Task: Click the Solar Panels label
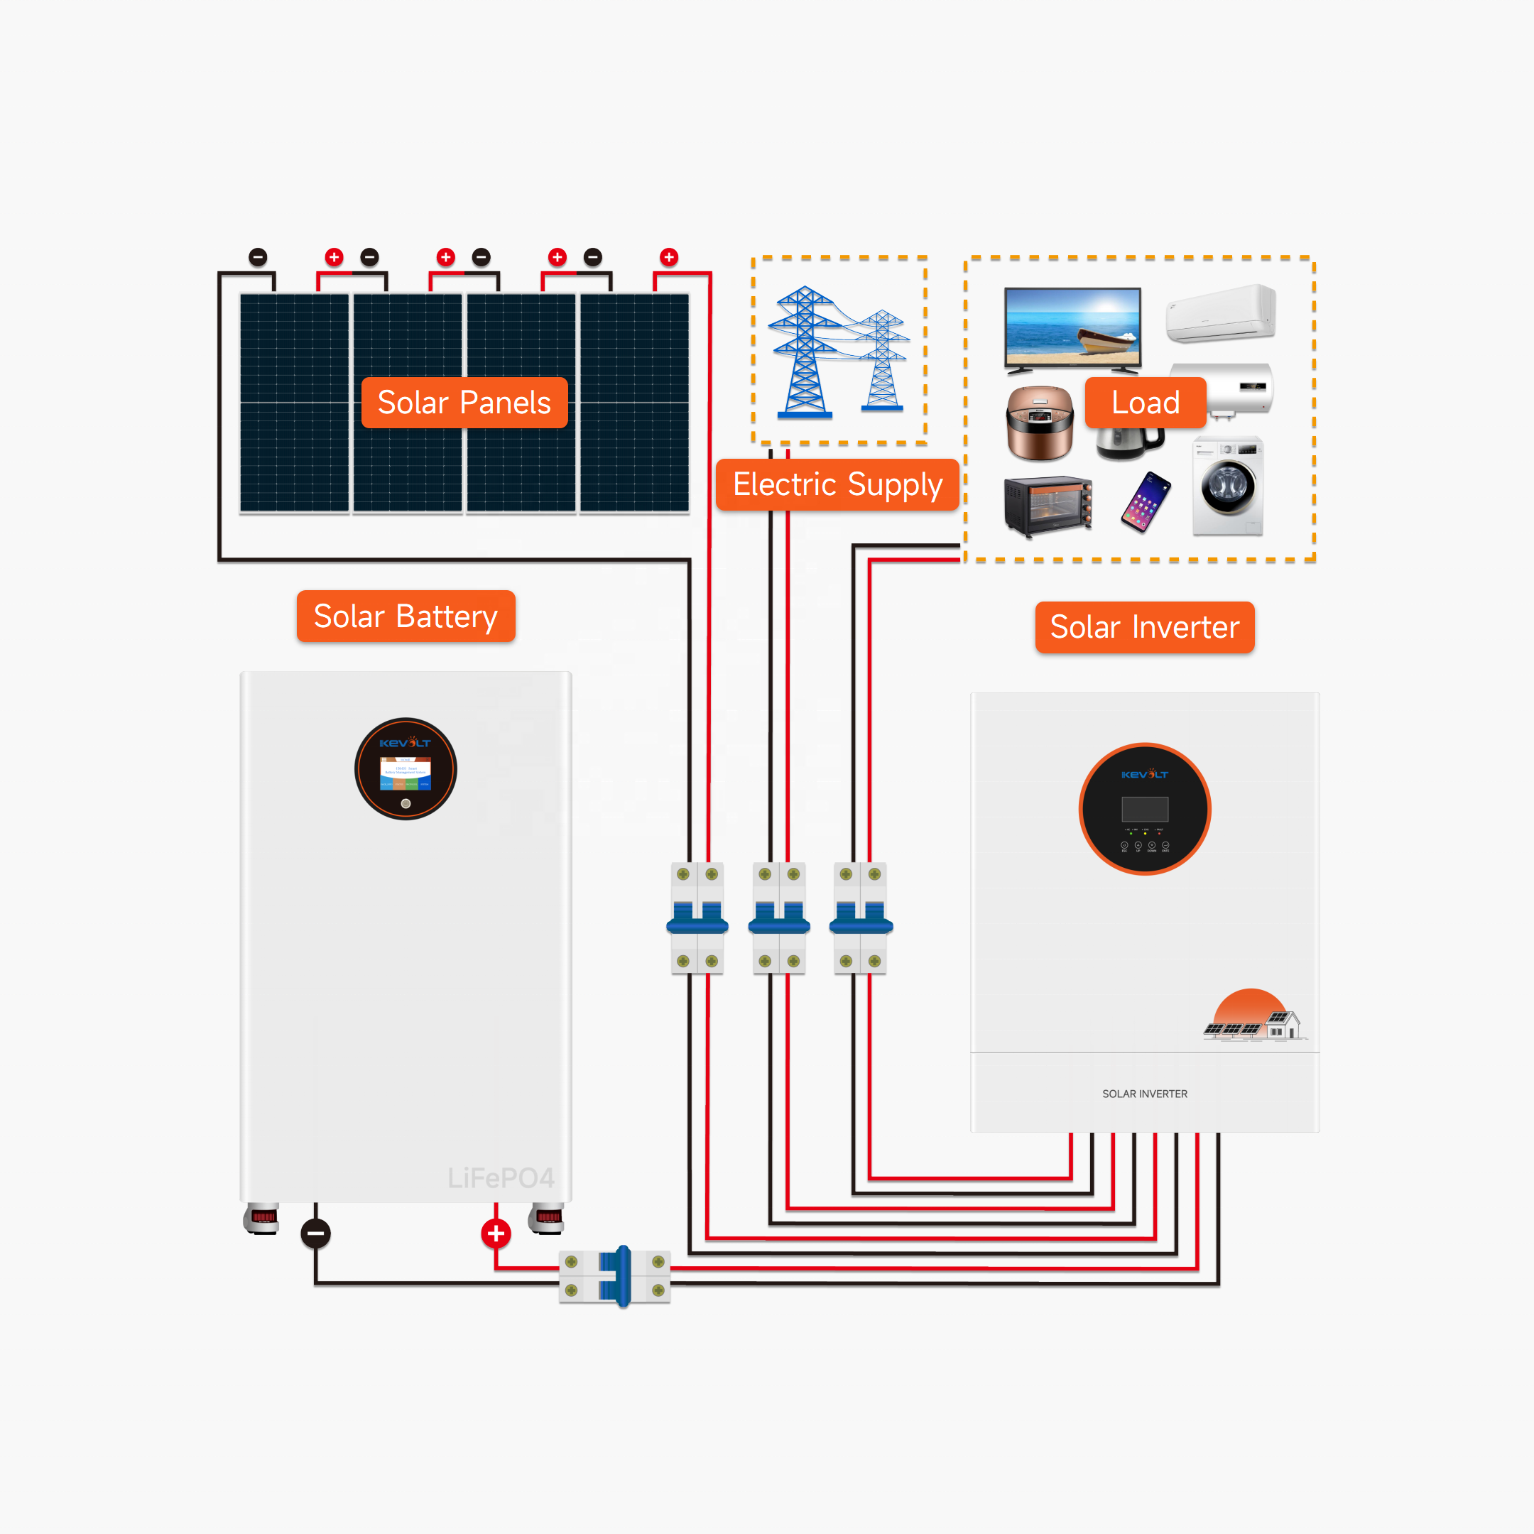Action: coord(464,403)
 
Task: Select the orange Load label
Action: coord(1145,403)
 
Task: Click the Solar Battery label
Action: coord(406,616)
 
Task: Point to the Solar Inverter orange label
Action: coord(1144,627)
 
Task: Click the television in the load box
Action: coord(1072,329)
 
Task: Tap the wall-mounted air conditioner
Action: coord(1220,314)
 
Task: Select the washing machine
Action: coord(1227,486)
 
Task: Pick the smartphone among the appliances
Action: coord(1146,502)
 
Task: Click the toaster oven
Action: coord(1048,506)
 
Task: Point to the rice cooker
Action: coord(1039,423)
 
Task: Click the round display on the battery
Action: coord(406,768)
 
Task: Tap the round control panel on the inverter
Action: coord(1144,809)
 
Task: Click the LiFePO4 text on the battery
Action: coord(500,1178)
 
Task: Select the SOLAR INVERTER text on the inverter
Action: coord(1144,1094)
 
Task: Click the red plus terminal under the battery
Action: coord(496,1233)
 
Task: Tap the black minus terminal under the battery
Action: coord(315,1233)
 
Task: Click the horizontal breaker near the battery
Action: coord(615,1277)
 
